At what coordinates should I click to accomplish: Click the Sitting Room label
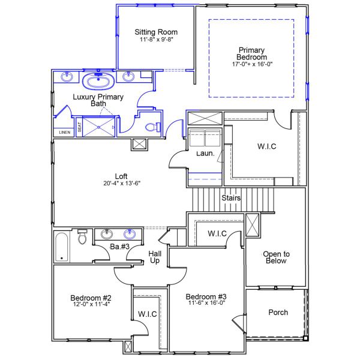coord(156,32)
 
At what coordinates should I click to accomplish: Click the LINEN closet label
coord(63,132)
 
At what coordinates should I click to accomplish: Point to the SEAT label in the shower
coord(80,128)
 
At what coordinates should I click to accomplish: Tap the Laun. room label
coord(205,154)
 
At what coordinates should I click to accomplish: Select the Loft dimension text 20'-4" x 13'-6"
coord(121,184)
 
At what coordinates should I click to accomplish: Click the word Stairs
coord(231,197)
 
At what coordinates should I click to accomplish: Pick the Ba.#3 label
coord(120,247)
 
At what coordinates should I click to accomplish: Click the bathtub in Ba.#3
coord(62,247)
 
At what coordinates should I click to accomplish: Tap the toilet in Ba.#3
coord(83,238)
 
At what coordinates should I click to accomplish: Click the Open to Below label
coord(275,257)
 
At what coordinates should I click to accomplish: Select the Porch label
coord(278,312)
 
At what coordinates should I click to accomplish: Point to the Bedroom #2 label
coord(91,298)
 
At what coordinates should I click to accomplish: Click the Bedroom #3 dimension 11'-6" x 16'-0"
coord(205,304)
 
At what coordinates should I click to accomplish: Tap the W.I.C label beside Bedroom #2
coord(147,314)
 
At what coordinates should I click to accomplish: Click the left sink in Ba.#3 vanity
coord(107,234)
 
